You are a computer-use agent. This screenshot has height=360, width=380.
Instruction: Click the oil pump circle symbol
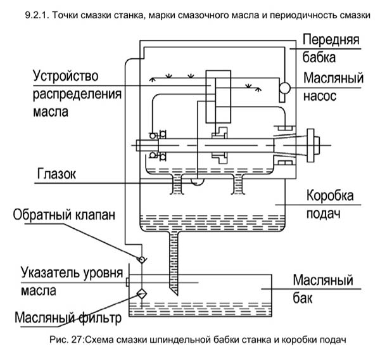click(x=284, y=88)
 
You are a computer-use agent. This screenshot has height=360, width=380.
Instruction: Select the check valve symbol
click(x=141, y=259)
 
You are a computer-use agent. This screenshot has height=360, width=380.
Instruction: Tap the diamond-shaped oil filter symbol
click(x=142, y=294)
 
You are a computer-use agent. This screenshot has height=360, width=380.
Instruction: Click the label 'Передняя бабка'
click(x=331, y=48)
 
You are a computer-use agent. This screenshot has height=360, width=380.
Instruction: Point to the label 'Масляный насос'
click(x=334, y=87)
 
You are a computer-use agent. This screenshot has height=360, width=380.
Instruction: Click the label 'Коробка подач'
click(x=330, y=204)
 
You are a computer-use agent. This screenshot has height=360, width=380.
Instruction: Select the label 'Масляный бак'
click(x=323, y=288)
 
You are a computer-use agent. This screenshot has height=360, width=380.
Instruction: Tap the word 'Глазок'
click(x=56, y=174)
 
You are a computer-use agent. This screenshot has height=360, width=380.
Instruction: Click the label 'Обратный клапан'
click(x=64, y=215)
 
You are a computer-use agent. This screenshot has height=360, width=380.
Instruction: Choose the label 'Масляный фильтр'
click(x=68, y=318)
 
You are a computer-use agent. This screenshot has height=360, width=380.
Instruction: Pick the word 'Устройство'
click(x=65, y=76)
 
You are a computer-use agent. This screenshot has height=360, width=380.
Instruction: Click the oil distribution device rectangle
click(x=218, y=97)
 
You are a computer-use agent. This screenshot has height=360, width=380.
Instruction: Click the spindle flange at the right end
click(x=311, y=145)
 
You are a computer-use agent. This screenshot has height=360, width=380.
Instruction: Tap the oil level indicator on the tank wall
click(x=127, y=283)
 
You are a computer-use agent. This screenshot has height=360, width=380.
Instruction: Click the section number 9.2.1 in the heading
click(x=37, y=15)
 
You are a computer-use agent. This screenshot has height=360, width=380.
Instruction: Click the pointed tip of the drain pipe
click(x=177, y=295)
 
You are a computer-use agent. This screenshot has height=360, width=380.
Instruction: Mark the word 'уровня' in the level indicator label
click(x=103, y=273)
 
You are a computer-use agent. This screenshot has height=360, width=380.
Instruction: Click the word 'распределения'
click(x=77, y=94)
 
